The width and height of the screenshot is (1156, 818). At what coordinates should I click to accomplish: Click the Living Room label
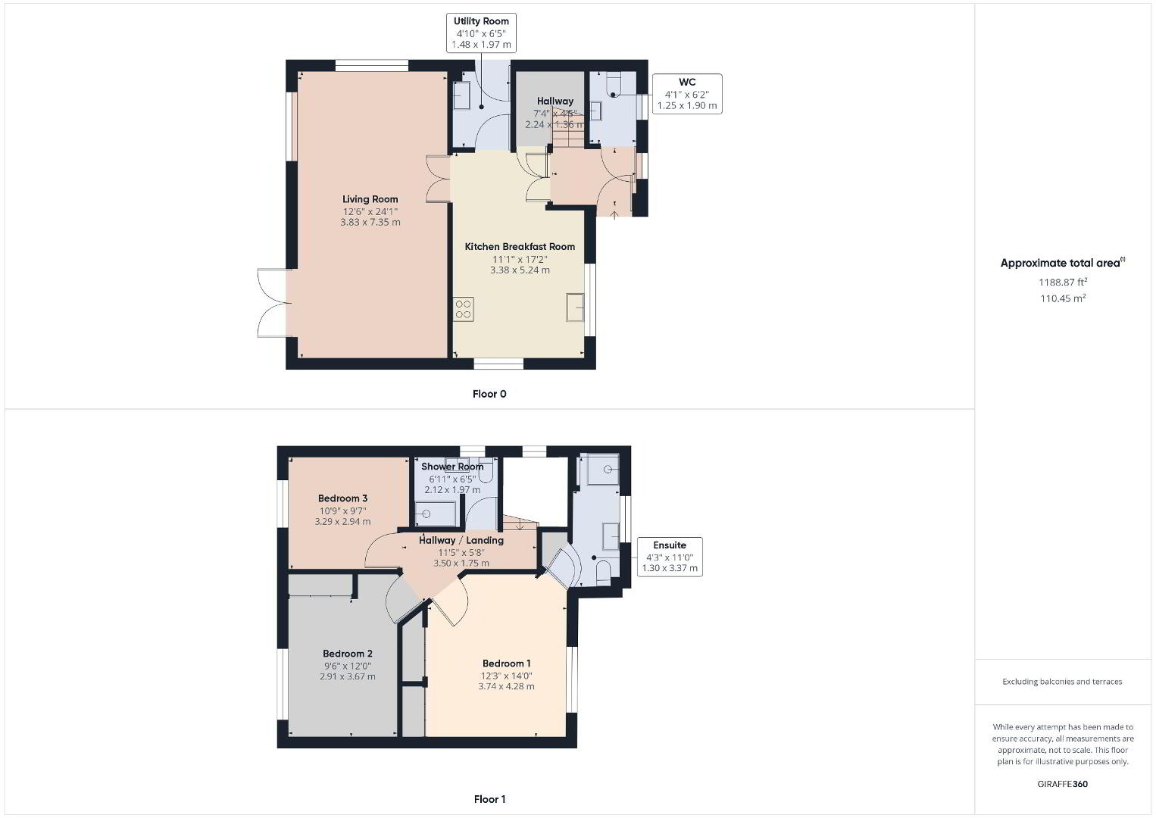(370, 199)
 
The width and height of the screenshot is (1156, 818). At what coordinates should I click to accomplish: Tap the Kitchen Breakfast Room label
(520, 247)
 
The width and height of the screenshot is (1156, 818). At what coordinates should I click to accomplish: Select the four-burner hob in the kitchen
(464, 309)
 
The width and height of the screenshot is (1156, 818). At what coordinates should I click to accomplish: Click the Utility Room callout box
(481, 33)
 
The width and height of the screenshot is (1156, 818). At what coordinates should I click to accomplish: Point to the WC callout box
(687, 94)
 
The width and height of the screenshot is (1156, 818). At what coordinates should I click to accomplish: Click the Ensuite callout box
(670, 557)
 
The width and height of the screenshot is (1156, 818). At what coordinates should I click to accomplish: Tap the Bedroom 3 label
(342, 498)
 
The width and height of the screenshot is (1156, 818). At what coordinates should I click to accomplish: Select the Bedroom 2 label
(347, 654)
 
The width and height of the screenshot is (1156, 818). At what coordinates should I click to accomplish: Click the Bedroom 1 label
(506, 663)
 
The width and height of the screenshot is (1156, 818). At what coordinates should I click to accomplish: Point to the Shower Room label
(452, 467)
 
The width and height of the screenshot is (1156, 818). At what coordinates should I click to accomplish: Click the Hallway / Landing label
(461, 540)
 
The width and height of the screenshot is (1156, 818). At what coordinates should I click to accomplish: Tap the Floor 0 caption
(489, 394)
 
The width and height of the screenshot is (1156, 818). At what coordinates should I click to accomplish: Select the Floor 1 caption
(489, 799)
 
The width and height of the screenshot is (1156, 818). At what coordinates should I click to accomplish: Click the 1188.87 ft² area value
(1063, 282)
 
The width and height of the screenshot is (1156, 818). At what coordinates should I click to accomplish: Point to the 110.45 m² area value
(1063, 298)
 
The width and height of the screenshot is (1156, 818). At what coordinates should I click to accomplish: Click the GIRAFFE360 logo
(1062, 784)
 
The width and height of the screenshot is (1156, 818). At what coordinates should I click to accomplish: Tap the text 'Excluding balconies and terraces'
(1062, 682)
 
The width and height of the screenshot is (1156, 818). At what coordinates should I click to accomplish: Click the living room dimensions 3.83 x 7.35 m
(370, 223)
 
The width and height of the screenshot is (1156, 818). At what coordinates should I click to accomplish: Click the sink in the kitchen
(575, 307)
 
